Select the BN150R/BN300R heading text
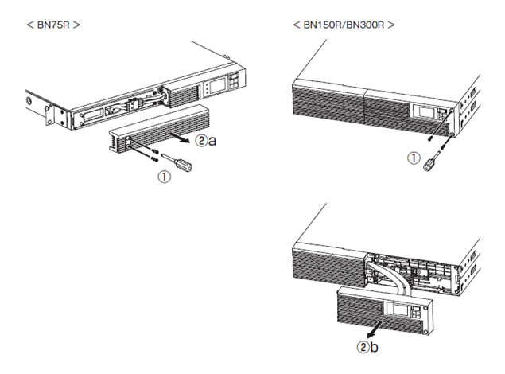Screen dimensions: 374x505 344,25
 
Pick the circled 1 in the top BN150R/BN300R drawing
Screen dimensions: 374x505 413,158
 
